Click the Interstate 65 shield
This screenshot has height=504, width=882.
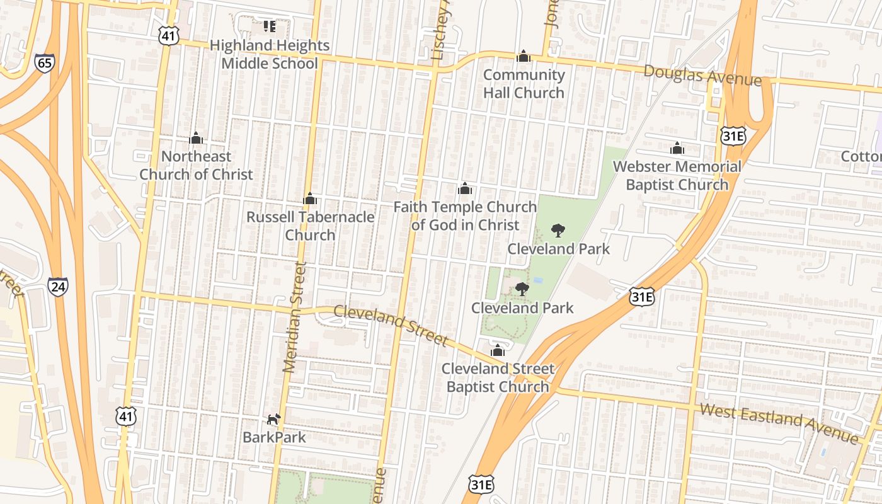45,62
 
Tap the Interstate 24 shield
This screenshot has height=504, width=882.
58,287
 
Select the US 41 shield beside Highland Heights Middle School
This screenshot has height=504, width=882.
168,36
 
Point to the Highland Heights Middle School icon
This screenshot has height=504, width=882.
270,26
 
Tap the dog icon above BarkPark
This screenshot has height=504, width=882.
273,419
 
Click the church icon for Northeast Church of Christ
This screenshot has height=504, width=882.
196,138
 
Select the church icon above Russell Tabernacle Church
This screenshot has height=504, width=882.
309,199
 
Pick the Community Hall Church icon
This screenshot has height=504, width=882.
523,57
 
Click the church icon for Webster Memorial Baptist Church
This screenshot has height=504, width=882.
677,149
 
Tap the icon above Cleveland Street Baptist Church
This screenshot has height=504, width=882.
498,350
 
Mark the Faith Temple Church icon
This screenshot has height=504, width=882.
465,188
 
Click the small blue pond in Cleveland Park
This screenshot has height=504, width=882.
538,279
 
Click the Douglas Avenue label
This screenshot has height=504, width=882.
702,76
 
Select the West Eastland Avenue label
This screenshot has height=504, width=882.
779,423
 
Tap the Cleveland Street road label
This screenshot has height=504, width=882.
391,325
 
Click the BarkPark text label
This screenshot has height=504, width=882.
274,437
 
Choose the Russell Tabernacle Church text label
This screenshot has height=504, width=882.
310,226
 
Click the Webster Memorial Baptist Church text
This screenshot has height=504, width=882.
677,176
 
